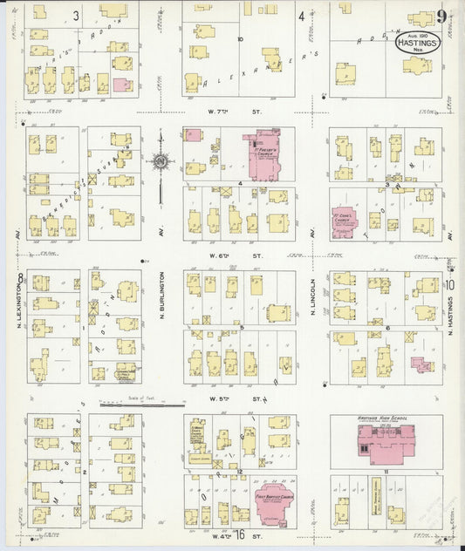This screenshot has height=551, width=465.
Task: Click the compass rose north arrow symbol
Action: (161, 161)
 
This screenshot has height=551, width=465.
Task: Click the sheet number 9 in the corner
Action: (443, 17)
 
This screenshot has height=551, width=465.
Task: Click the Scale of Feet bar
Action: (141, 405)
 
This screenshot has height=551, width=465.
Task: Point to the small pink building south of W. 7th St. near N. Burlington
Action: (193, 136)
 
